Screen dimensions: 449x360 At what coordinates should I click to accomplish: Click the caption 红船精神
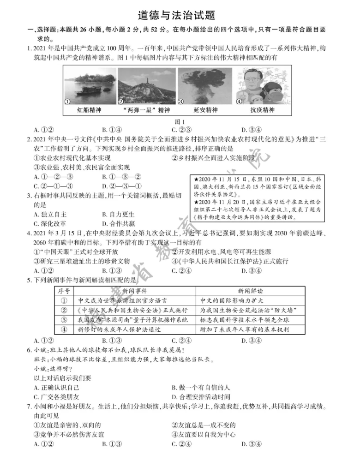click(89, 110)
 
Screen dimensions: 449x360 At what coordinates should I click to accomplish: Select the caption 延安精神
click(204, 110)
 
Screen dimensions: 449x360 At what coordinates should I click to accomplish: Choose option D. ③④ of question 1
click(252, 130)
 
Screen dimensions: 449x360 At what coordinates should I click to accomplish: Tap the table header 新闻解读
click(250, 291)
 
